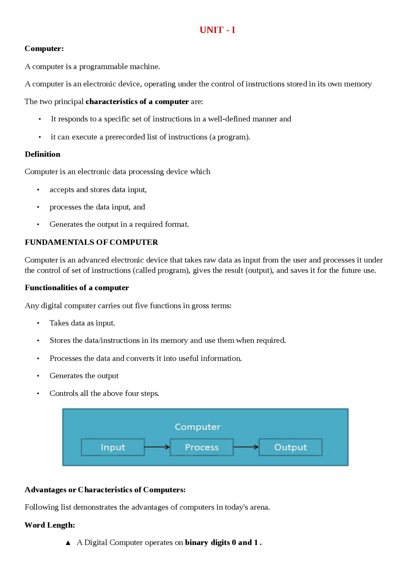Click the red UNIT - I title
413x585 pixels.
(x=217, y=30)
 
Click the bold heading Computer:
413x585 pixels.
(x=44, y=48)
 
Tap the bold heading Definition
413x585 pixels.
(x=43, y=154)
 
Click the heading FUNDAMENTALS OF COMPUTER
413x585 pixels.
(x=91, y=242)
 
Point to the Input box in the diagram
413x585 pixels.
(x=113, y=447)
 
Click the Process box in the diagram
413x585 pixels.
(x=201, y=447)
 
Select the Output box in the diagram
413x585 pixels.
(x=290, y=447)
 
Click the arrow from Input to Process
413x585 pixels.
(x=157, y=447)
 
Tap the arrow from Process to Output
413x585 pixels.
(x=246, y=447)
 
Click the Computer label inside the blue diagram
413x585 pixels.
(x=197, y=427)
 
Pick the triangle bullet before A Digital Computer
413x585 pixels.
(x=68, y=543)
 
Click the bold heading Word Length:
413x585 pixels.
(x=50, y=525)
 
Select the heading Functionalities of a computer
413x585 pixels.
(x=77, y=287)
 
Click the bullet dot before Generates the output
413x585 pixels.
(x=38, y=376)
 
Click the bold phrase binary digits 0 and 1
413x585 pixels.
(x=223, y=542)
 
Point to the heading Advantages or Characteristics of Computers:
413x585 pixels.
(x=105, y=490)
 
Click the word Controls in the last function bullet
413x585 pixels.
(x=64, y=393)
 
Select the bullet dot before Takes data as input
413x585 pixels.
(x=38, y=323)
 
